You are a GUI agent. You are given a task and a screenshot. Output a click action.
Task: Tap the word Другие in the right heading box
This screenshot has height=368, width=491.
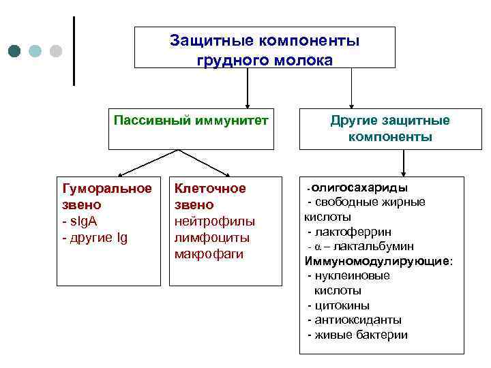coord(355,121)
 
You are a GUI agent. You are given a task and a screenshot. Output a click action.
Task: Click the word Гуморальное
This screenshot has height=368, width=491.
coord(106,188)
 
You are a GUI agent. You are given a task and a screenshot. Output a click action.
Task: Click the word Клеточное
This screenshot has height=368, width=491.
coord(210,188)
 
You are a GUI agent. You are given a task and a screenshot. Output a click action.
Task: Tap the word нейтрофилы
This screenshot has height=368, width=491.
coord(215,221)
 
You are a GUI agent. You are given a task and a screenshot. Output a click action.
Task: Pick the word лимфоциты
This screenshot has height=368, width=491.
coord(211,238)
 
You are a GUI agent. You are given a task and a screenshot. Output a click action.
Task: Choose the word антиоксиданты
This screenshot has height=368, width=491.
coord(357,320)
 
